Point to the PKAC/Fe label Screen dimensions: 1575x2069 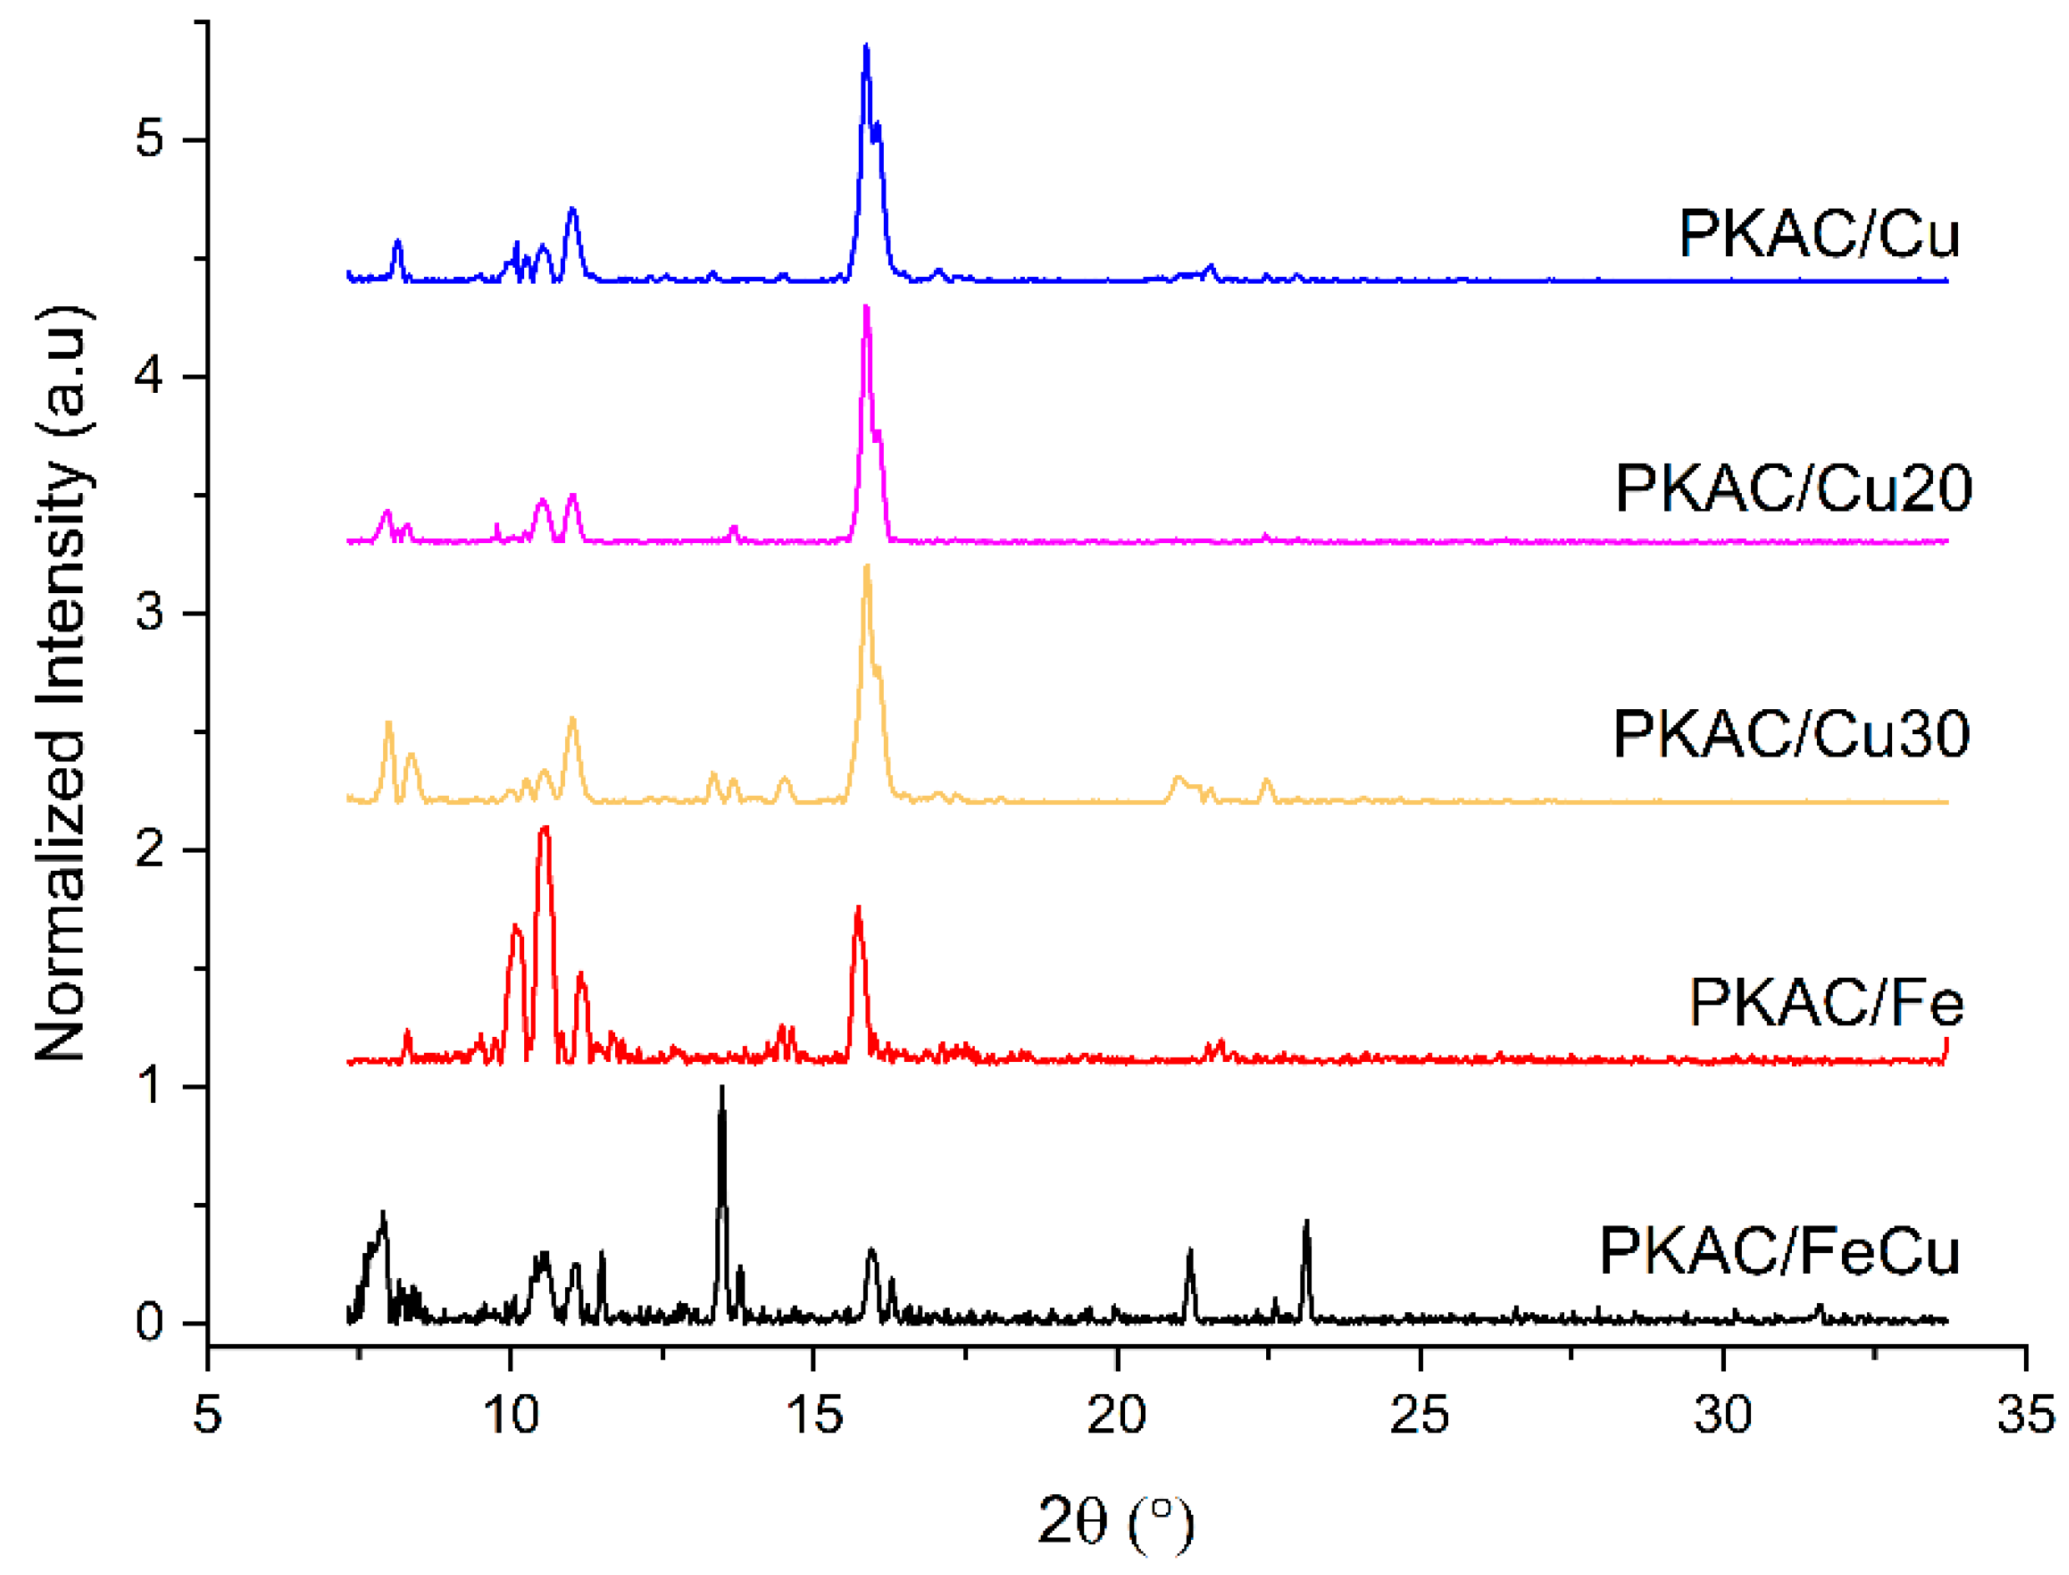point(1825,1003)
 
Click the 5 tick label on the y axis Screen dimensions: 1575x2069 point(149,138)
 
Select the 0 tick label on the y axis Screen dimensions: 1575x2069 point(149,1323)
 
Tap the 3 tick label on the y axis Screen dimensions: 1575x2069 point(149,612)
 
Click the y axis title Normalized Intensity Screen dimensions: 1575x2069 point(63,684)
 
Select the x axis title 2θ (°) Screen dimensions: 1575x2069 point(1116,1521)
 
